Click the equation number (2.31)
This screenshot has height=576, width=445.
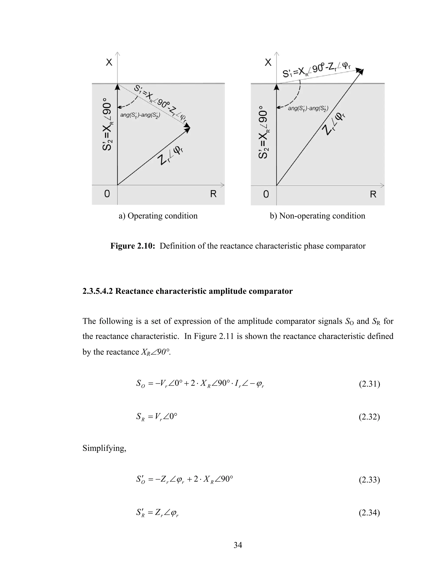pyautogui.click(x=369, y=384)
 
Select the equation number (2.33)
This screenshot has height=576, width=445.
pyautogui.click(x=369, y=479)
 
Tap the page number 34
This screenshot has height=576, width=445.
pyautogui.click(x=237, y=545)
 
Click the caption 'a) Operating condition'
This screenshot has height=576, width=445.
pyautogui.click(x=158, y=216)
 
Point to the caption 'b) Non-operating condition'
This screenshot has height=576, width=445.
pyautogui.click(x=317, y=216)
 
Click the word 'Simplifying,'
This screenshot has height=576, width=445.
pyautogui.click(x=104, y=448)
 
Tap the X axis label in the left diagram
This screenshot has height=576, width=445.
pyautogui.click(x=109, y=63)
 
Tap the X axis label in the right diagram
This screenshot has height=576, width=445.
pyautogui.click(x=268, y=63)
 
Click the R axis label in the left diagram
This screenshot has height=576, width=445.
pyautogui.click(x=213, y=194)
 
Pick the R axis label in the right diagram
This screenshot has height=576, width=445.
pyautogui.click(x=373, y=194)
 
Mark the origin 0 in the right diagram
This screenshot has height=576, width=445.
pyautogui.click(x=266, y=194)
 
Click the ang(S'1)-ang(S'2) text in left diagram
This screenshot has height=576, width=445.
pyautogui.click(x=140, y=115)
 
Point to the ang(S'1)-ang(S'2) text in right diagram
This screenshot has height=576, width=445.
pyautogui.click(x=308, y=108)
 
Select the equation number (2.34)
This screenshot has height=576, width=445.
pyautogui.click(x=369, y=513)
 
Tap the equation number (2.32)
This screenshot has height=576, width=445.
pyautogui.click(x=369, y=417)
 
